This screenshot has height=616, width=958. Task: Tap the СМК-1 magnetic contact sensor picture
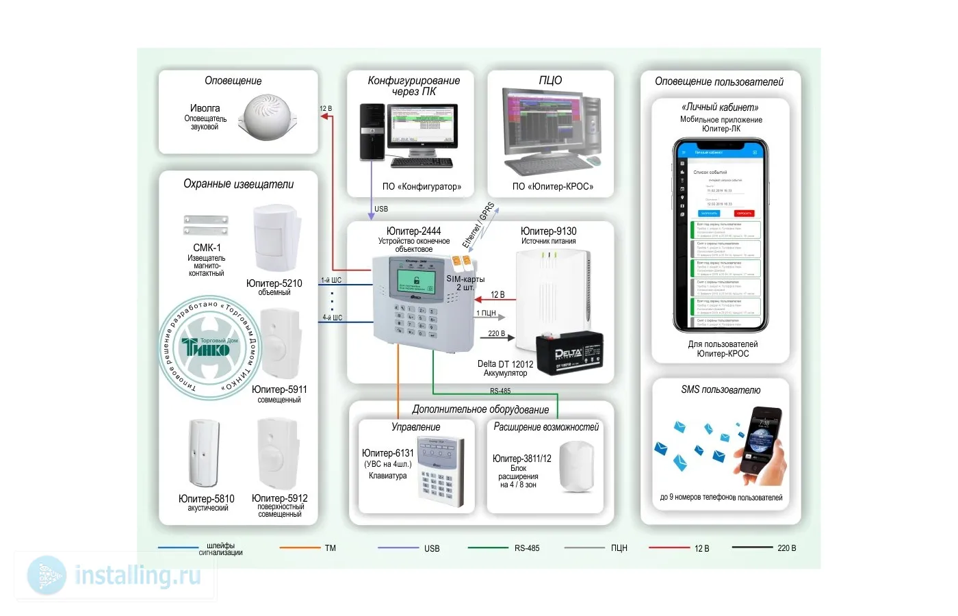click(x=205, y=225)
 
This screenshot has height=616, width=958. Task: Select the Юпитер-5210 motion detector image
click(x=276, y=240)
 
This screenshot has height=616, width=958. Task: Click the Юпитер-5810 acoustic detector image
click(x=204, y=453)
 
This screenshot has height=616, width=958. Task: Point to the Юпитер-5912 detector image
click(x=277, y=453)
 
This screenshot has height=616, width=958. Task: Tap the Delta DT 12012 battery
click(x=569, y=353)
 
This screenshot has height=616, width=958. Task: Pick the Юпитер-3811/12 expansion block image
click(x=576, y=467)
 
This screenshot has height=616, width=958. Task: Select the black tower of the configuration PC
click(x=372, y=133)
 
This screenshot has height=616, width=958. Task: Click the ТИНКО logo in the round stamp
click(x=206, y=348)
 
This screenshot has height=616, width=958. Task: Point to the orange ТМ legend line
click(x=300, y=548)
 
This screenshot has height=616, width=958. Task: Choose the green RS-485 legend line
click(x=488, y=548)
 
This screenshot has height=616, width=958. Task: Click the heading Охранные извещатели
click(x=238, y=184)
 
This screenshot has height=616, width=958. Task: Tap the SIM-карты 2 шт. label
click(x=465, y=283)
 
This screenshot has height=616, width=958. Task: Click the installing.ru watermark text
click(x=138, y=576)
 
